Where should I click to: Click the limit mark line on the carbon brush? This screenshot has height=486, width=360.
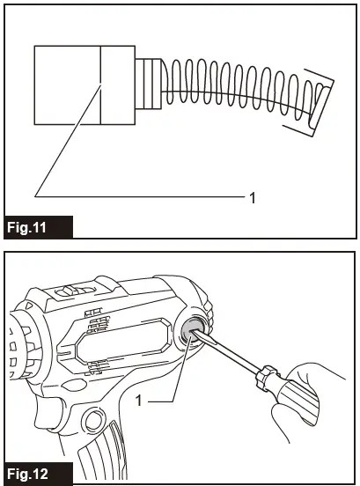101,85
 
